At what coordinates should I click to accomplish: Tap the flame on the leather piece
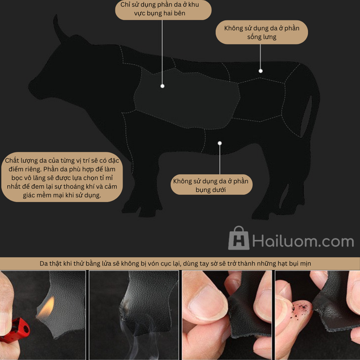[47, 308]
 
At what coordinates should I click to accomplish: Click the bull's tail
[307, 116]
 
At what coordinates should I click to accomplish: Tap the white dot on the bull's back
[261, 71]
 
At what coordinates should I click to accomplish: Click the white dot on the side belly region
[162, 86]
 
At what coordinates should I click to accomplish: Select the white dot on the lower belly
[220, 143]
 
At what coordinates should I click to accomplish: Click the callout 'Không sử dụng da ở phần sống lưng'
[262, 32]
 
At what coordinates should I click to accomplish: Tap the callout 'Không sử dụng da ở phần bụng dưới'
[211, 185]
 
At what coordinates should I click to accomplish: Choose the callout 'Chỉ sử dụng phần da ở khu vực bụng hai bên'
[163, 9]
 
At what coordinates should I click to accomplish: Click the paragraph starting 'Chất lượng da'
[62, 177]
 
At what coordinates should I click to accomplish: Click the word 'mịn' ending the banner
[306, 264]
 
